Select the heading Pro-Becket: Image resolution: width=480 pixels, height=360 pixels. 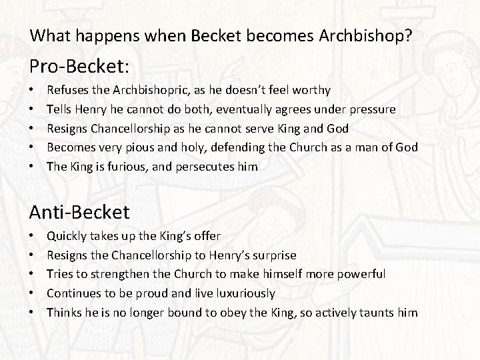(x=72, y=66)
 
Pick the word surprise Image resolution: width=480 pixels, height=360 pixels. (x=273, y=255)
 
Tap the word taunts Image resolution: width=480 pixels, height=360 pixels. (x=380, y=313)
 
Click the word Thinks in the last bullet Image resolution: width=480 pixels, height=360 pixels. (x=63, y=313)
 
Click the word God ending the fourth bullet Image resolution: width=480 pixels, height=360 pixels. (x=407, y=147)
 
